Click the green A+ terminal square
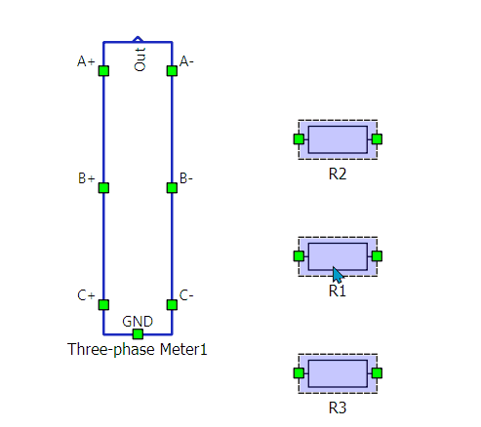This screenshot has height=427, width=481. [x=103, y=71]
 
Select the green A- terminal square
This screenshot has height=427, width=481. [x=172, y=71]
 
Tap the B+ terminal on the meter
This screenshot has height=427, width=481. [x=103, y=188]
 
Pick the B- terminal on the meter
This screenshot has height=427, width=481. [x=172, y=188]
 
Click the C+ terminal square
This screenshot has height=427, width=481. [x=103, y=305]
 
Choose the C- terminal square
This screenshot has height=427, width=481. [x=172, y=305]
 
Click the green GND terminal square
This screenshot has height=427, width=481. [x=138, y=334]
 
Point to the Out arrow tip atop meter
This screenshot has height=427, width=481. [x=138, y=37]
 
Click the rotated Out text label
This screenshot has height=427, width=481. [x=140, y=59]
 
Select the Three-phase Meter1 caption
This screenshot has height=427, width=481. [x=138, y=350]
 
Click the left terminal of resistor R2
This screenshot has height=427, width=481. [x=299, y=139]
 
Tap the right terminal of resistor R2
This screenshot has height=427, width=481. [x=377, y=139]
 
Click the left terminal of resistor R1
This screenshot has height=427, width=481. [x=299, y=256]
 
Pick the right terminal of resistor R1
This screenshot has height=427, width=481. [x=377, y=256]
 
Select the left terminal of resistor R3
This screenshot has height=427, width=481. [x=299, y=373]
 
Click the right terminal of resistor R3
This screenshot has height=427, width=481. [x=377, y=373]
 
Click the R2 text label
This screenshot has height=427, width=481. [x=338, y=175]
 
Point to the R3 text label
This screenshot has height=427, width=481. [x=338, y=408]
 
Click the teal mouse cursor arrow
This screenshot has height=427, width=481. [x=338, y=275]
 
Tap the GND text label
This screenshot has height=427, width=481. [x=138, y=322]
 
